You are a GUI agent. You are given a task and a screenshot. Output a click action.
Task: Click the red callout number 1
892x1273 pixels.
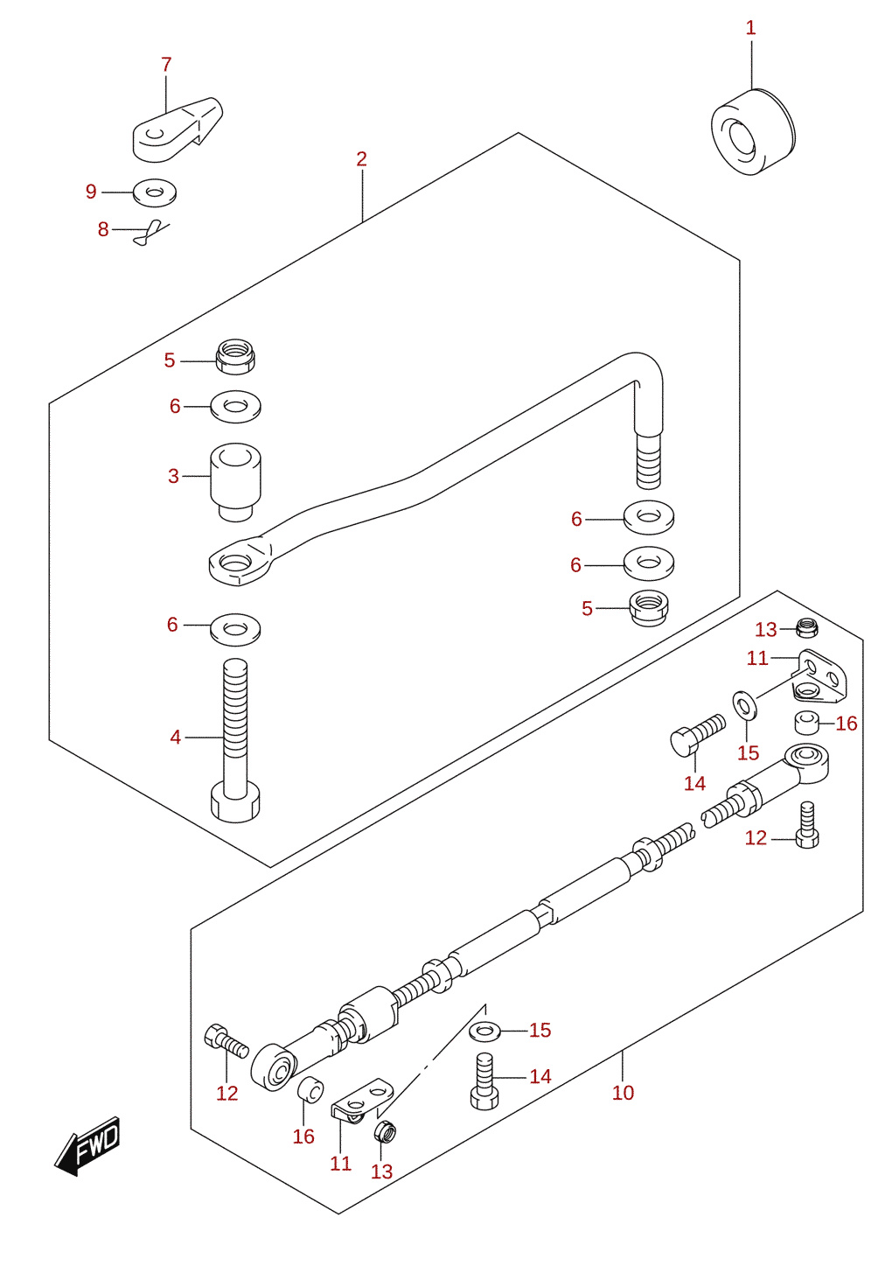pos(750,28)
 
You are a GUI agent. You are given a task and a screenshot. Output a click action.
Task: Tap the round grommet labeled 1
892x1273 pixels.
pos(753,132)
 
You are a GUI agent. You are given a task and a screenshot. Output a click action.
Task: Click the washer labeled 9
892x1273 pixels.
pos(155,192)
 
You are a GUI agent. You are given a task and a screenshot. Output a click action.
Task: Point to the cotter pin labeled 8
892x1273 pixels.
pos(150,232)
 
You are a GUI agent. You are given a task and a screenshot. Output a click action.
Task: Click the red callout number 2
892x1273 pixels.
pos(361,159)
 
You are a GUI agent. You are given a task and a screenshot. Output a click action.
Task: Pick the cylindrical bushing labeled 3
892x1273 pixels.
pos(236,482)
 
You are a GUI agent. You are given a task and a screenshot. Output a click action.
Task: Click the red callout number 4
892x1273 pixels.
pos(176,738)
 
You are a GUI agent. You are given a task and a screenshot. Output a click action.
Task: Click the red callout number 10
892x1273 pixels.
pos(623,1092)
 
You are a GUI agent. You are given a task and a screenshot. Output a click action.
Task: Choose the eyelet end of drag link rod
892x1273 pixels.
pos(240,561)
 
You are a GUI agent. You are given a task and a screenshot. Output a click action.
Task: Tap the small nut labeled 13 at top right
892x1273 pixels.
pos(807,627)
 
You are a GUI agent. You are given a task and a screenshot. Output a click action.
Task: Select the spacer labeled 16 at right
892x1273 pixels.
pos(806,723)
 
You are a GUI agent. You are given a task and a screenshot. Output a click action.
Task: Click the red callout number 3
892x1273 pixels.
pos(173,476)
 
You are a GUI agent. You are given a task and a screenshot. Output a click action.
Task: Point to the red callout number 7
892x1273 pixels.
pos(166,65)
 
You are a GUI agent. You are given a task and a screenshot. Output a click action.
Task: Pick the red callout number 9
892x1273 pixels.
pos(91,192)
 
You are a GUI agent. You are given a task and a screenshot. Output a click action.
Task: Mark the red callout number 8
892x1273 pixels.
pos(103,229)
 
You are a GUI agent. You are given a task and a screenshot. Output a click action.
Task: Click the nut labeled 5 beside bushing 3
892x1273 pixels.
pos(236,357)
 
